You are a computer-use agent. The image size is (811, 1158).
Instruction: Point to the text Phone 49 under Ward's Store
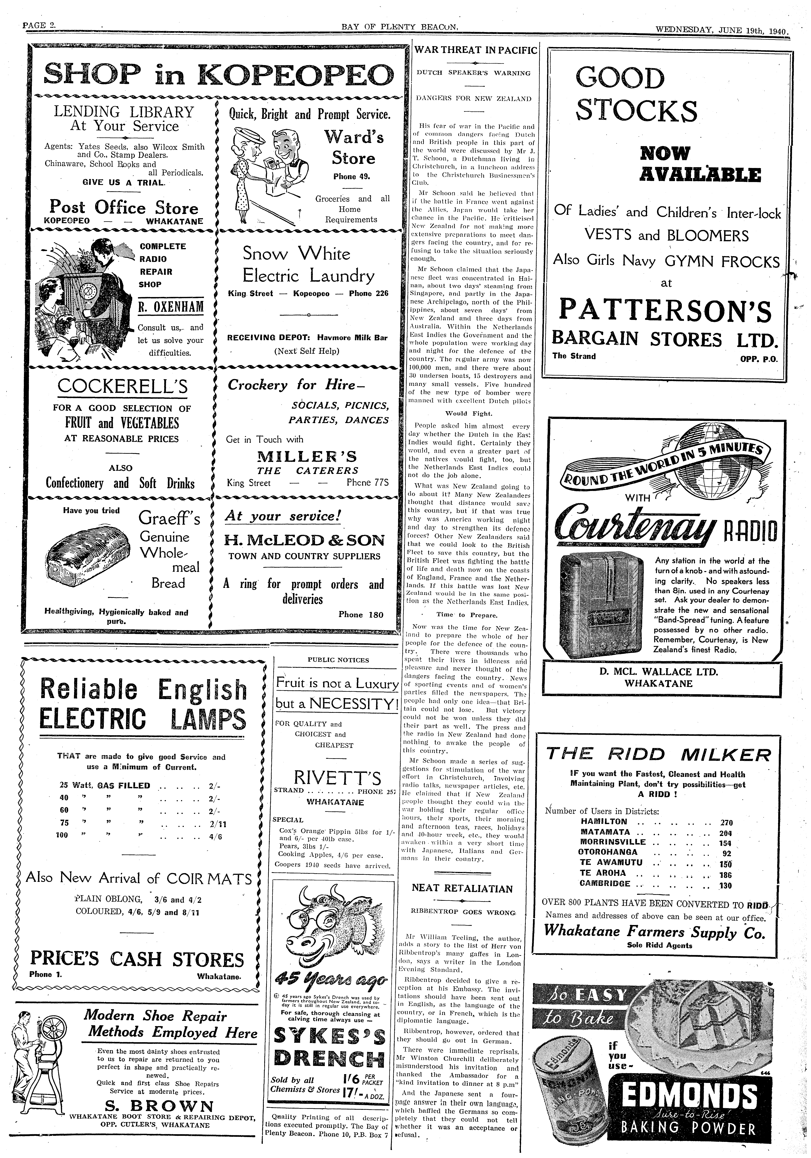352,177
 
